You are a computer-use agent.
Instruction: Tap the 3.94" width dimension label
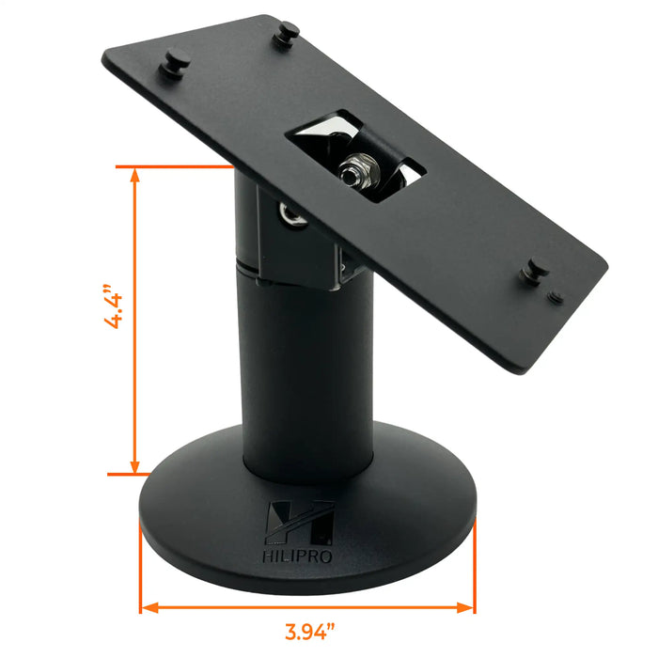pyautogui.click(x=310, y=632)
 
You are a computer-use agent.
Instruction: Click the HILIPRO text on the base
pyautogui.click(x=300, y=555)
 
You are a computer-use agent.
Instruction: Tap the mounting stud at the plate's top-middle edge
pyautogui.click(x=287, y=34)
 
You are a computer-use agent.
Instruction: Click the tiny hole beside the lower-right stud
pyautogui.click(x=556, y=295)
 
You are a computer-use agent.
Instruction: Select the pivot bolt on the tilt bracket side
pyautogui.click(x=294, y=216)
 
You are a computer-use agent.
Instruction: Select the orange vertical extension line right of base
pyautogui.click(x=474, y=564)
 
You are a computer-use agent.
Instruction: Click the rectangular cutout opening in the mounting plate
pyautogui.click(x=354, y=155)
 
